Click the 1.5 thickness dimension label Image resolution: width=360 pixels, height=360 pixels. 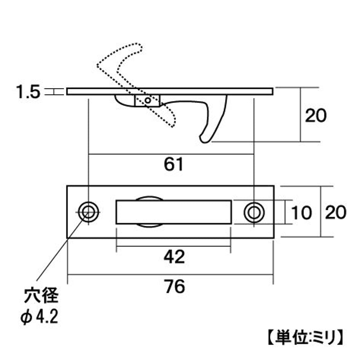point(28,92)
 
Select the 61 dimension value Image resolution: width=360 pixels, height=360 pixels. point(174,164)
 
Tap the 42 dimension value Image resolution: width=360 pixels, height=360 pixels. point(174,257)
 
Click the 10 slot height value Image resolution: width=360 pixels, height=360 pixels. point(301,212)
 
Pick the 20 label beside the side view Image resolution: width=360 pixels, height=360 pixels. point(316,115)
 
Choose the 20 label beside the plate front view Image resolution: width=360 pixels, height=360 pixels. point(336,212)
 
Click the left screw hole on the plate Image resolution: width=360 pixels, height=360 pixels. point(88,212)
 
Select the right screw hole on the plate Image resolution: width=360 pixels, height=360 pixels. point(254,212)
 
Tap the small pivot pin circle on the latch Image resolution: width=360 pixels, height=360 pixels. point(148,100)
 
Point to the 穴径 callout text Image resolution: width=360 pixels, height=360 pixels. point(41,296)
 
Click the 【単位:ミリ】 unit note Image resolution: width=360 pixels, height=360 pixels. point(306,337)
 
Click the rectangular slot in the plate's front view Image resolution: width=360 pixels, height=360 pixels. point(174,212)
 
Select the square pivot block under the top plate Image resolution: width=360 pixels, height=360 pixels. point(147,101)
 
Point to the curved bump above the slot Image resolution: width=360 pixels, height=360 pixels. point(149,198)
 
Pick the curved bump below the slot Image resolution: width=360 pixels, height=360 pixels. point(149,226)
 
